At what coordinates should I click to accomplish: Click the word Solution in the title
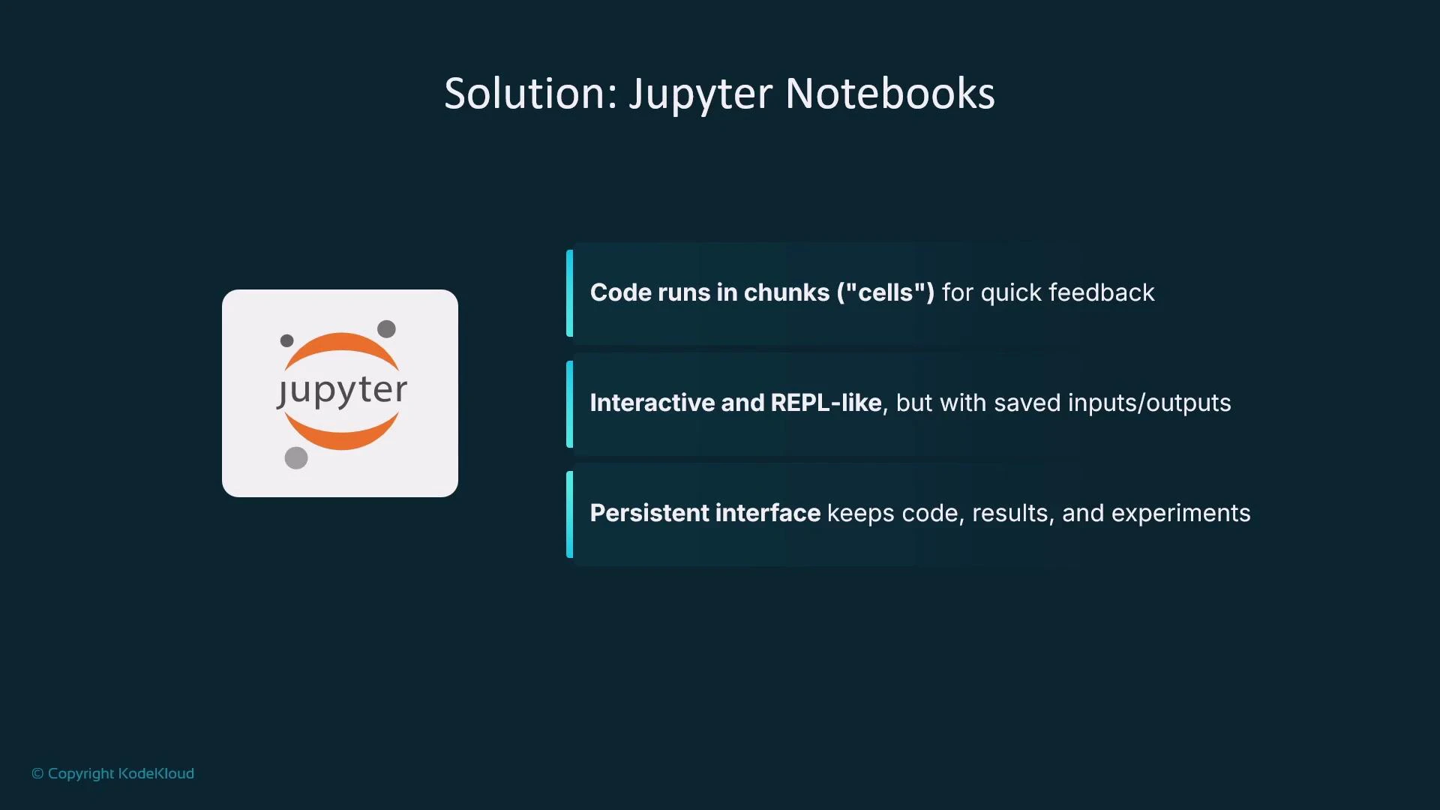coord(529,94)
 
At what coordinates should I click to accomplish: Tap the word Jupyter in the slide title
coord(700,95)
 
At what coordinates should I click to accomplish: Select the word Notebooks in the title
coord(889,94)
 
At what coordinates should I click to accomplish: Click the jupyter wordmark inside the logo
coord(342,391)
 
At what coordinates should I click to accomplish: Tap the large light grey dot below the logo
coord(296,457)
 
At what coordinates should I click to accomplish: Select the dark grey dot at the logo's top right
coord(386,328)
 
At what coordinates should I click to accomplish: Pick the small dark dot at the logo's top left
coord(286,340)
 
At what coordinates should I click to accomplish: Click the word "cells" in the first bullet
coord(889,292)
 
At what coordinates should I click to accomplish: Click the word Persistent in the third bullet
coord(649,513)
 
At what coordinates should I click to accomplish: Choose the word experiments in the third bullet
coord(1180,514)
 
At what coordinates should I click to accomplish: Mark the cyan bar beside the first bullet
coord(570,292)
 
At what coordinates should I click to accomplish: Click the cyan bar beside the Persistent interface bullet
coord(570,514)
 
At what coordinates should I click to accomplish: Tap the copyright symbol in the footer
coord(37,773)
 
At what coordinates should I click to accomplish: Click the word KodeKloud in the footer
coord(156,773)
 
